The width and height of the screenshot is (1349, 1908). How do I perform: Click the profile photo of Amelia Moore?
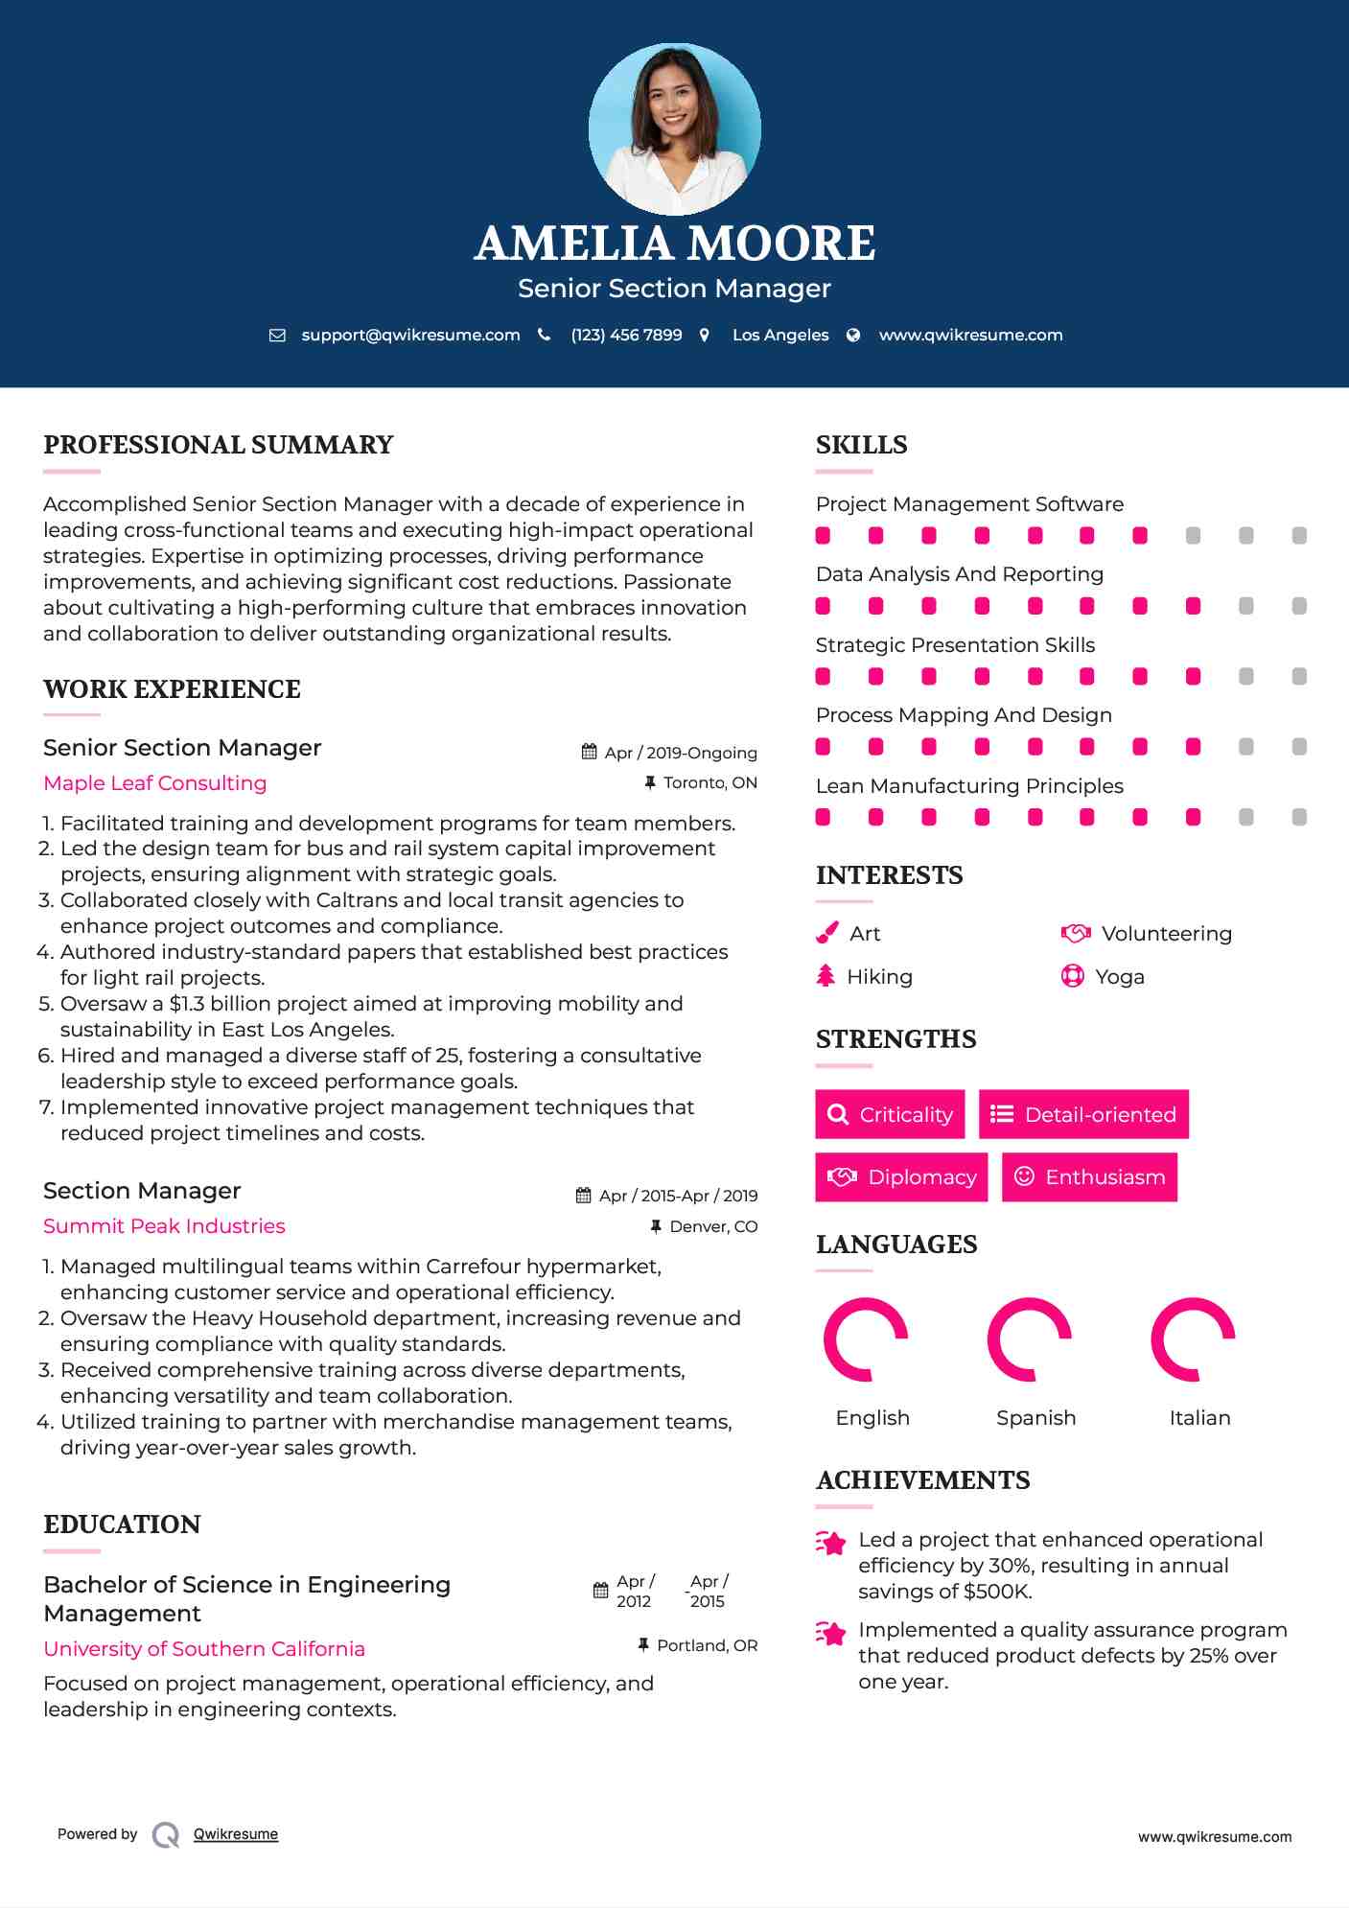[x=674, y=128]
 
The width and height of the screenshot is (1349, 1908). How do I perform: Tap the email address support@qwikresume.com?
[x=410, y=335]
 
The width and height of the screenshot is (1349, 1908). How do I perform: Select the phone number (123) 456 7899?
[x=626, y=335]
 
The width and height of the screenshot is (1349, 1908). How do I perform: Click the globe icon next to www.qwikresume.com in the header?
[x=853, y=335]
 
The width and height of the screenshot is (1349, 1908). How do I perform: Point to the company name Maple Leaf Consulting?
[x=155, y=783]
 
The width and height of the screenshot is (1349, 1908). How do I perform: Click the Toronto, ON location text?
[x=709, y=783]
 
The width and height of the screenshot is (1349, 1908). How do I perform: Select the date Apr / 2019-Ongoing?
[x=680, y=753]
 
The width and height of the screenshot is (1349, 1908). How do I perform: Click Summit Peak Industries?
[x=164, y=1226]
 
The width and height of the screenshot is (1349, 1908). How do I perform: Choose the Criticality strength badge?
[x=890, y=1114]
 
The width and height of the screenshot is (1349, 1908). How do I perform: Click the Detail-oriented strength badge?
[x=1083, y=1114]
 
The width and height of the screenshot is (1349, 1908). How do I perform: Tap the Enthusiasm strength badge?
[x=1089, y=1176]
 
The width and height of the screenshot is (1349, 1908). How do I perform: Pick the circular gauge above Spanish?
[x=1029, y=1339]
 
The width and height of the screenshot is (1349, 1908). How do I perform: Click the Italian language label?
[x=1199, y=1417]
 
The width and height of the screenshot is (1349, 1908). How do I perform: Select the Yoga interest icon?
[x=1072, y=976]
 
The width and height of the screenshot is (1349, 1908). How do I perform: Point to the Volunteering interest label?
[x=1166, y=934]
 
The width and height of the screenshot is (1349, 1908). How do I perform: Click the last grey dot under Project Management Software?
[x=1299, y=536]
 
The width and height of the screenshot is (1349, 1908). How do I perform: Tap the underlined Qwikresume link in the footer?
[x=236, y=1834]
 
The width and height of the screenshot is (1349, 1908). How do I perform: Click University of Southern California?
[x=204, y=1649]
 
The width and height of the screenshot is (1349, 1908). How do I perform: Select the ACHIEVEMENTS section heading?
[x=922, y=1480]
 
